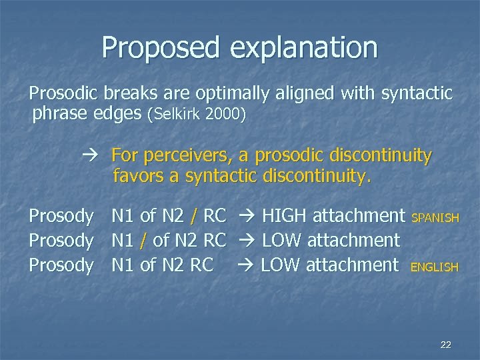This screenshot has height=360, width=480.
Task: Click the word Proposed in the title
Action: point(161,48)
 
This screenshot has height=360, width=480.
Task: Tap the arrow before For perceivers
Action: point(92,156)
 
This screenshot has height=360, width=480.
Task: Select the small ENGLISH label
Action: point(435,267)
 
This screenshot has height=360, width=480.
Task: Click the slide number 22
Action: point(446,345)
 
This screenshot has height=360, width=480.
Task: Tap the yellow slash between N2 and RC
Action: point(193,216)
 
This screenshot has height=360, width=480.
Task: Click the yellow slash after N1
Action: point(143,240)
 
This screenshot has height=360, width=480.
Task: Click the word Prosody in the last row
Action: point(61,265)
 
